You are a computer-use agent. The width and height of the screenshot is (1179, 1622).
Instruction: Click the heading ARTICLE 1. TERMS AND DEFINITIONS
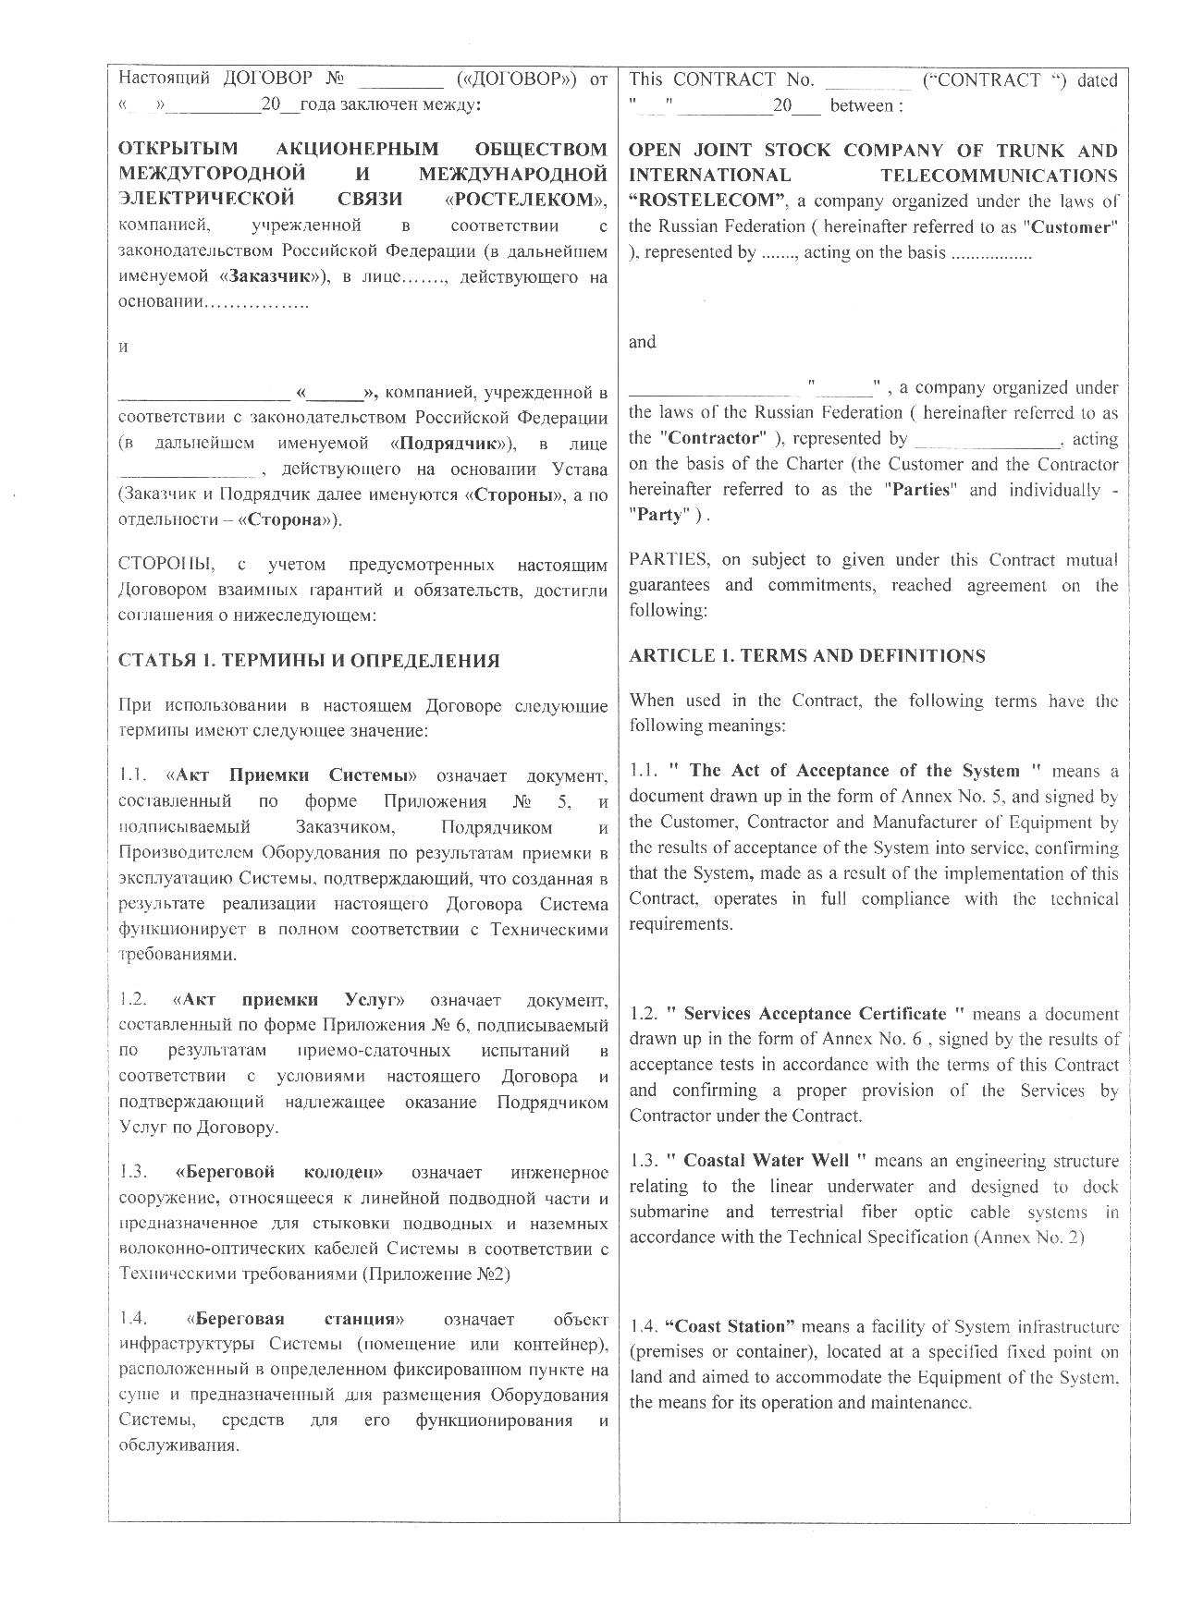pos(806,656)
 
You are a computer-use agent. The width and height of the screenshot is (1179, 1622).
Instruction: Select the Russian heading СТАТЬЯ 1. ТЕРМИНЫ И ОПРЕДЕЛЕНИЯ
pos(309,661)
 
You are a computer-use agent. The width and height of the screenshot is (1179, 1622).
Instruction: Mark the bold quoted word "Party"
pos(659,515)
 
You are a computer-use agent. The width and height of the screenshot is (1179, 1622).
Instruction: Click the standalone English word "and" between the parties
pos(643,342)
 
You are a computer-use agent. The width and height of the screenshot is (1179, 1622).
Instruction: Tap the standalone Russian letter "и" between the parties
pos(124,348)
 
